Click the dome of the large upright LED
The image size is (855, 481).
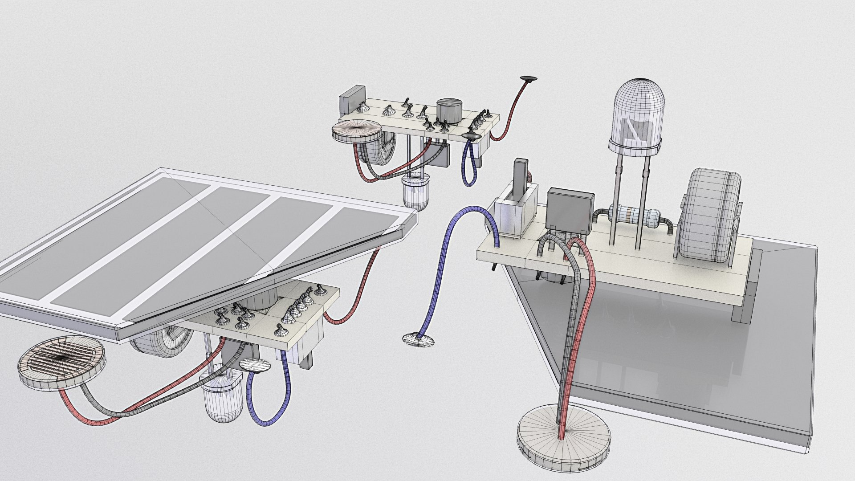(x=639, y=111)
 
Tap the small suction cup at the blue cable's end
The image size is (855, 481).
(x=418, y=340)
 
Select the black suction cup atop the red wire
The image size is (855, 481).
(x=529, y=79)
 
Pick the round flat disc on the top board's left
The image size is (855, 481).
(x=358, y=131)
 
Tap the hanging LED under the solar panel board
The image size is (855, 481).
(x=221, y=394)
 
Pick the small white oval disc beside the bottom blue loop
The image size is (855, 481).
(x=255, y=365)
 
